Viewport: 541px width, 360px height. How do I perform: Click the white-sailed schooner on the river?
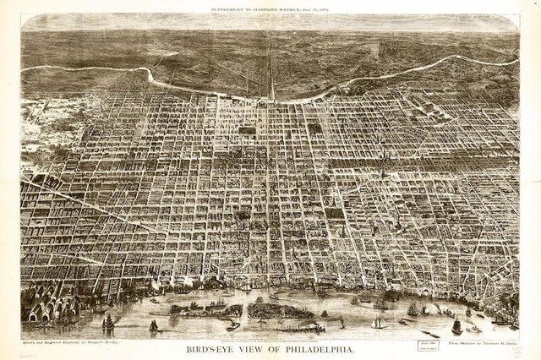380,321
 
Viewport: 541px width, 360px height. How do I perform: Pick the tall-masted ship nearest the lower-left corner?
108,322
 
